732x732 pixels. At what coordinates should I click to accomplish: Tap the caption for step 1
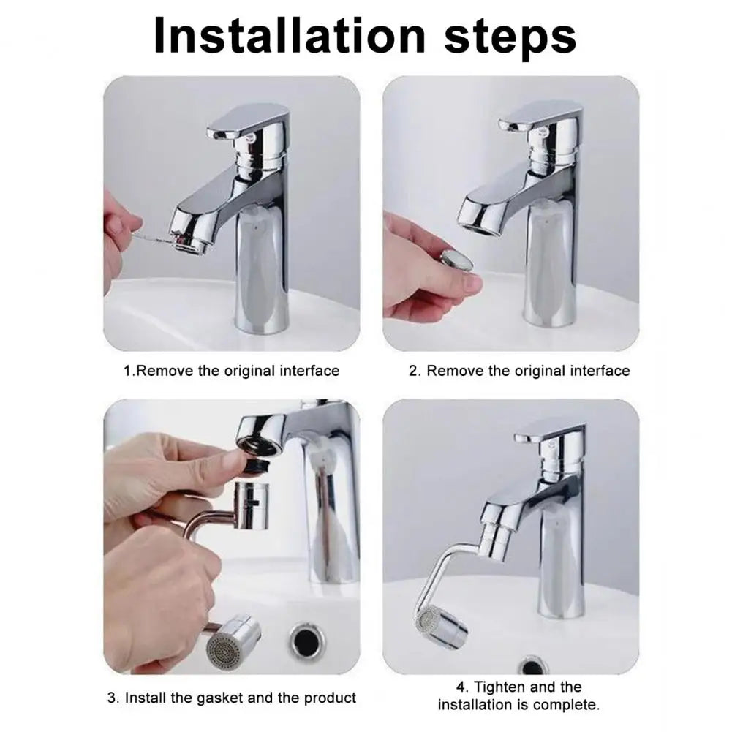click(x=231, y=371)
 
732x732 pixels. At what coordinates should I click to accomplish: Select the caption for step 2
click(x=518, y=371)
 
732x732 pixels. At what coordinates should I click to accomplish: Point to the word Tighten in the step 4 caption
click(x=502, y=687)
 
